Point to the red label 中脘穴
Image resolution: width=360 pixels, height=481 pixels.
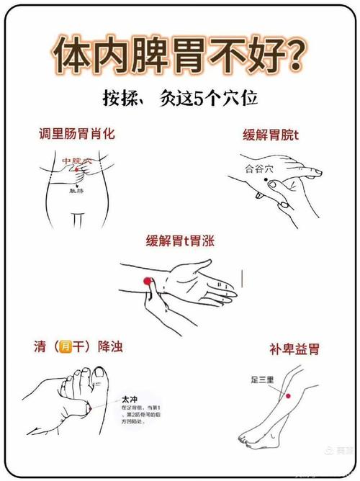click(77, 161)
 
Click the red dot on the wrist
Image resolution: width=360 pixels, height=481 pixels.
click(146, 280)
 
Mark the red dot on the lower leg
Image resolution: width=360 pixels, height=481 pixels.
click(287, 396)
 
